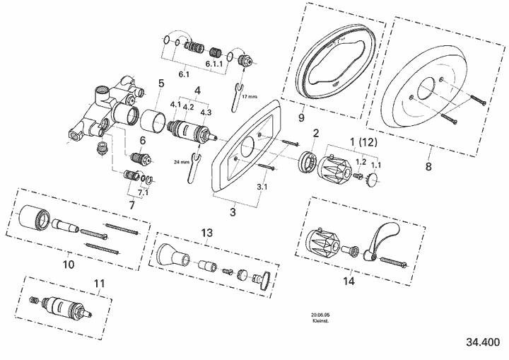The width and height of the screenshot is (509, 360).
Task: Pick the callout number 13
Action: [206, 232]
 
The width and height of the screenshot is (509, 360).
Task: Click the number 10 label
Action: [69, 265]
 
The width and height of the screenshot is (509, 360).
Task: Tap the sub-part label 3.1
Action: [262, 187]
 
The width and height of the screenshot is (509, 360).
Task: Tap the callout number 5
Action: [161, 83]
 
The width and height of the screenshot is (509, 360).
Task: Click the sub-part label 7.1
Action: [143, 192]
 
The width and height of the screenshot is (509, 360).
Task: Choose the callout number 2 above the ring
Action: [315, 132]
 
